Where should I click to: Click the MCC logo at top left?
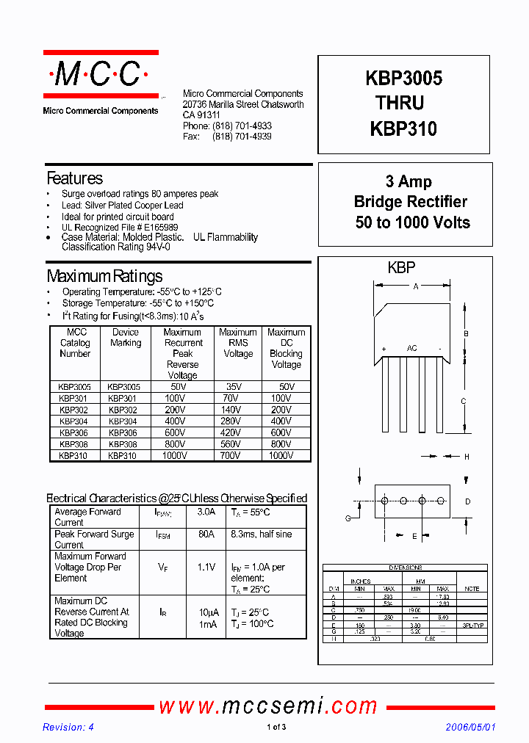[x=101, y=75]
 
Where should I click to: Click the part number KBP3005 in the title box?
[x=403, y=79]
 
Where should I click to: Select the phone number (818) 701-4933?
[x=242, y=126]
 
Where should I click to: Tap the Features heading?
[x=74, y=178]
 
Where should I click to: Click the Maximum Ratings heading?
[x=104, y=277]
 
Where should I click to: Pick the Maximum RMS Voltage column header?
[x=237, y=343]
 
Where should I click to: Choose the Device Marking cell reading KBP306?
[x=123, y=433]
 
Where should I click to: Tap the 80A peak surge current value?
[x=206, y=534]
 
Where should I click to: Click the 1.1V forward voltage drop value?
[x=206, y=568]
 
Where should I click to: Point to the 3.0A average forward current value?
[x=206, y=512]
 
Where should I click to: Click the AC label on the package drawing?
[x=412, y=348]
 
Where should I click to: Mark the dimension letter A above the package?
[x=416, y=287]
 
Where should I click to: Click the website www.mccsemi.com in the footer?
[x=268, y=706]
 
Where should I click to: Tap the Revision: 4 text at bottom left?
[x=68, y=728]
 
